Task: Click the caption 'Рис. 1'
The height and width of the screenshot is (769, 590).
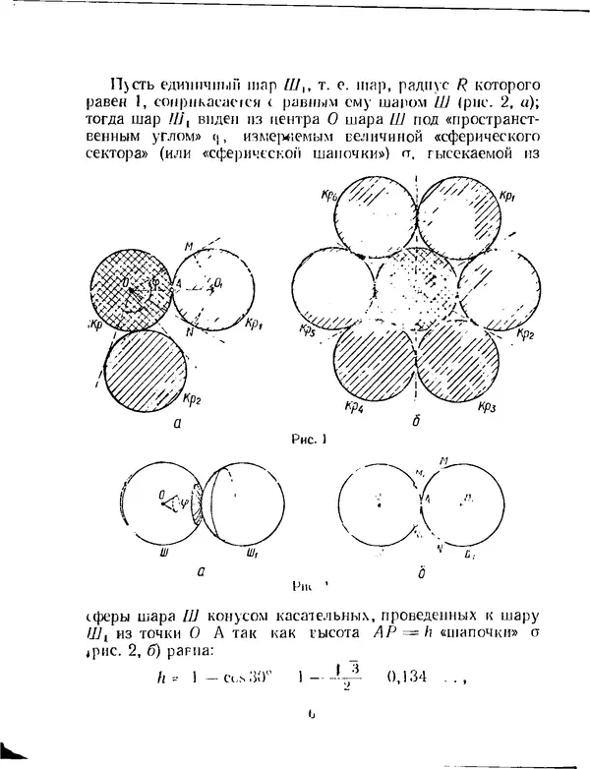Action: tap(311, 440)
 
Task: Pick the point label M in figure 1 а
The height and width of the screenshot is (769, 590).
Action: tap(187, 246)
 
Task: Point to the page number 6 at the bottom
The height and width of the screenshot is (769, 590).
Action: tap(311, 730)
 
